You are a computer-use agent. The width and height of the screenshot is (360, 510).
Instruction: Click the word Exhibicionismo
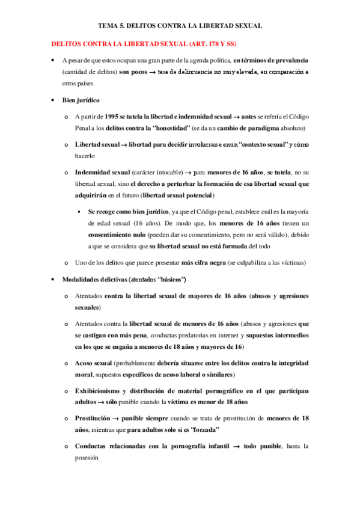point(99,391)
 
